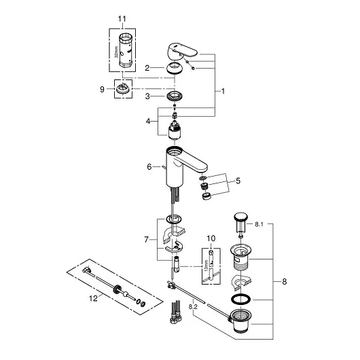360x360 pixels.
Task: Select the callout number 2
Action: click(146, 68)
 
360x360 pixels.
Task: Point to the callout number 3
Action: click(146, 97)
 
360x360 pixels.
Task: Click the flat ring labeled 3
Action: click(175, 97)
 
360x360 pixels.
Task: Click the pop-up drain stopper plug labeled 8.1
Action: click(239, 221)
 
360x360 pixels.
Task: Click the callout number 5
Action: click(236, 181)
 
